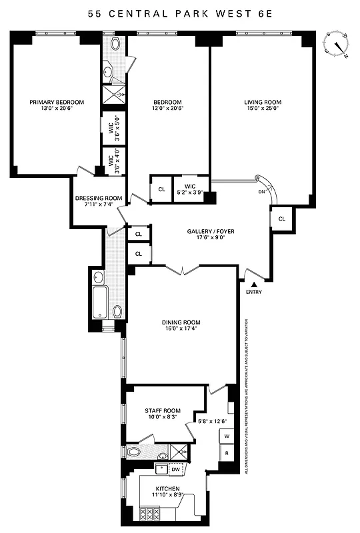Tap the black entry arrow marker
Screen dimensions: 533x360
point(253,284)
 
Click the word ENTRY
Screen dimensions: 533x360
point(253,292)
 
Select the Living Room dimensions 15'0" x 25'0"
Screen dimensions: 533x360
point(263,110)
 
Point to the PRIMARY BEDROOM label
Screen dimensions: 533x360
point(57,102)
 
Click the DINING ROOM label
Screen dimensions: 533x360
point(181,322)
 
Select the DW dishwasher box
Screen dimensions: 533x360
point(175,470)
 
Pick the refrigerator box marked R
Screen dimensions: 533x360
point(227,454)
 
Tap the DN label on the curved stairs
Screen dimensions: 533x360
point(261,193)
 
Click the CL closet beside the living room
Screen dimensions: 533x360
point(281,219)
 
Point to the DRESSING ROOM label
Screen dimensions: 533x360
point(99,198)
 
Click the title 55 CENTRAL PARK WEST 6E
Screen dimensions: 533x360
point(180,14)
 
